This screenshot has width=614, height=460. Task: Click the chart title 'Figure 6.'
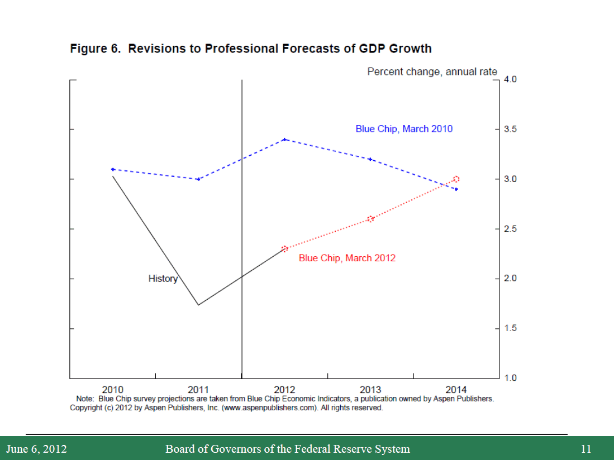click(x=96, y=49)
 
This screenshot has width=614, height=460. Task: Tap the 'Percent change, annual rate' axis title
click(x=432, y=72)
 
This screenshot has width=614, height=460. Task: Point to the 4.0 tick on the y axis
click(x=510, y=80)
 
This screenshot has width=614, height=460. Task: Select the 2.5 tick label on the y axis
click(x=510, y=229)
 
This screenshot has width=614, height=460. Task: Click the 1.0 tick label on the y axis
click(x=510, y=378)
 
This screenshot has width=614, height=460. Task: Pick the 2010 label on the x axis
click(x=113, y=389)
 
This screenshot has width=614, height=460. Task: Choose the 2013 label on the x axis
click(x=370, y=389)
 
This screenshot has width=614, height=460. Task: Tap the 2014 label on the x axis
click(x=456, y=389)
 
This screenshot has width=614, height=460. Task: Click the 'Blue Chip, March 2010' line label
click(x=404, y=129)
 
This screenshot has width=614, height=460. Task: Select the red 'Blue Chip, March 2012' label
click(x=347, y=258)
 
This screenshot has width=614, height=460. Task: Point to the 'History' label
click(x=163, y=279)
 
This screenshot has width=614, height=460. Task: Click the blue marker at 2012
click(x=284, y=139)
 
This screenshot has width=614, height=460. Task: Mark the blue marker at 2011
click(x=198, y=179)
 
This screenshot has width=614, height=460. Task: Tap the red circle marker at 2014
click(x=456, y=179)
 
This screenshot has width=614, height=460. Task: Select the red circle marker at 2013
click(x=370, y=219)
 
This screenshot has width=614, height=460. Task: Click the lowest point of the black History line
click(x=198, y=305)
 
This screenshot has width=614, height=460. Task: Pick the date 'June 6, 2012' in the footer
click(x=36, y=449)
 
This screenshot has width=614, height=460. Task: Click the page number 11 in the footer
click(x=586, y=449)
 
